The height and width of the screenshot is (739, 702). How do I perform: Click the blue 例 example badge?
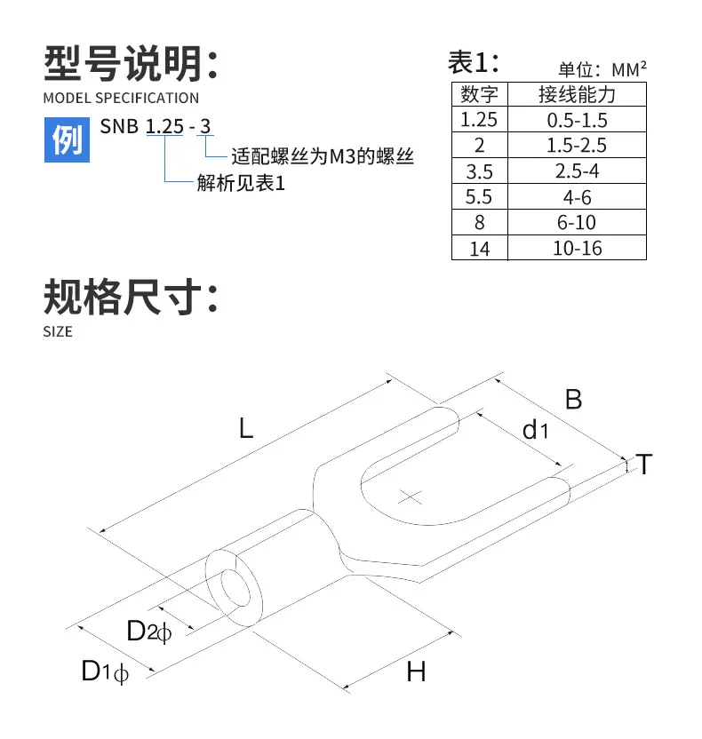pyautogui.click(x=67, y=140)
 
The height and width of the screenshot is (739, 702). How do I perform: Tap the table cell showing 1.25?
pyautogui.click(x=479, y=119)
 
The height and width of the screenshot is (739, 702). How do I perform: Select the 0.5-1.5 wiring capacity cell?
pyautogui.click(x=577, y=119)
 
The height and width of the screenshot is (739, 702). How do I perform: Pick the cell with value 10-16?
pyautogui.click(x=577, y=248)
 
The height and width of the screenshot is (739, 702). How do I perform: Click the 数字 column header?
pyautogui.click(x=479, y=94)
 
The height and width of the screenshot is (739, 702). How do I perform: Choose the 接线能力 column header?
pyautogui.click(x=577, y=94)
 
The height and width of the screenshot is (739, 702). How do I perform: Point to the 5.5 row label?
pyautogui.click(x=479, y=196)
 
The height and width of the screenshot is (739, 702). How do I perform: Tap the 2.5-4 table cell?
pyautogui.click(x=577, y=171)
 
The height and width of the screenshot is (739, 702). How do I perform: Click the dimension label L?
pyautogui.click(x=246, y=429)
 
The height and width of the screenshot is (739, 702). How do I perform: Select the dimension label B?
pyautogui.click(x=573, y=400)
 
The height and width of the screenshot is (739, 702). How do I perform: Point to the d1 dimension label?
pyautogui.click(x=535, y=430)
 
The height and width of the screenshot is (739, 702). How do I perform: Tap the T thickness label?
pyautogui.click(x=643, y=465)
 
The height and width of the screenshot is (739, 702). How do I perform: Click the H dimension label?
pyautogui.click(x=416, y=671)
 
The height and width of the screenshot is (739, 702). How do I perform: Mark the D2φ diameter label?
pyautogui.click(x=149, y=631)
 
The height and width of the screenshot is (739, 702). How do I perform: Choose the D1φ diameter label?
pyautogui.click(x=105, y=671)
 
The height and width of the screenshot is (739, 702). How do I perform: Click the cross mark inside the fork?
pyautogui.click(x=411, y=497)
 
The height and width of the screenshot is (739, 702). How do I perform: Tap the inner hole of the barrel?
pyautogui.click(x=235, y=588)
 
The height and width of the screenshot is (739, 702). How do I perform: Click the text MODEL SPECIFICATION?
pyautogui.click(x=121, y=98)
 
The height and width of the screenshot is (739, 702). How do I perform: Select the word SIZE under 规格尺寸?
pyautogui.click(x=58, y=332)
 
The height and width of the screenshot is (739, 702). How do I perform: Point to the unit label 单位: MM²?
pyautogui.click(x=602, y=70)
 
